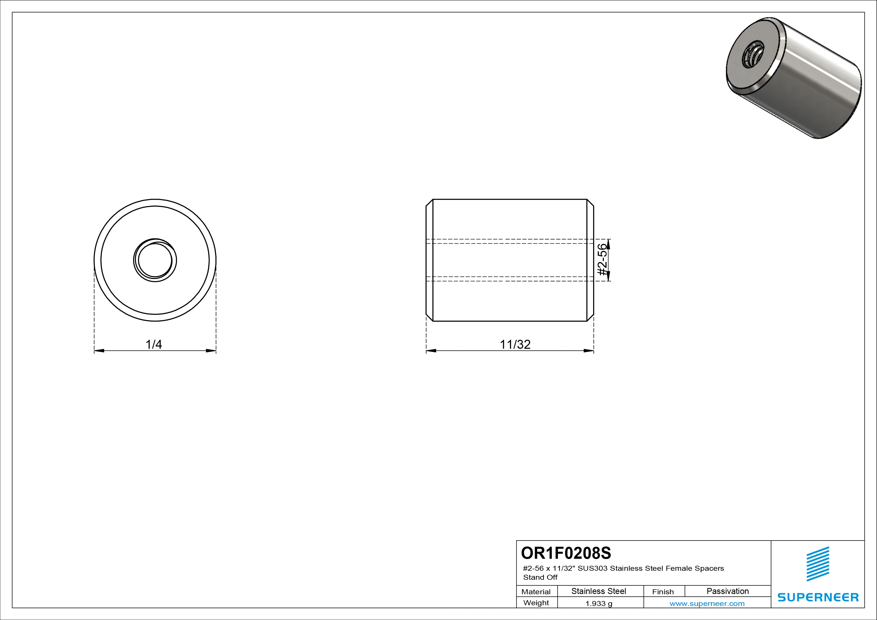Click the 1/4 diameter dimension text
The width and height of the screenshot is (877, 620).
click(154, 344)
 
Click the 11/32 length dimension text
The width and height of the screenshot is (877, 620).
click(515, 344)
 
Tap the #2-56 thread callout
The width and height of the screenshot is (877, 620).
click(602, 260)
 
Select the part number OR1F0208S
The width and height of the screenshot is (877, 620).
click(566, 553)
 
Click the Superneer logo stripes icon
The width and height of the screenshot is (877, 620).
click(818, 564)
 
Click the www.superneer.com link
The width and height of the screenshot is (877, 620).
click(707, 603)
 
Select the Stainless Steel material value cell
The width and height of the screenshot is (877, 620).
click(598, 591)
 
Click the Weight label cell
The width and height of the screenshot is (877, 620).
click(536, 603)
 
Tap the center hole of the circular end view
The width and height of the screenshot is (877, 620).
click(155, 260)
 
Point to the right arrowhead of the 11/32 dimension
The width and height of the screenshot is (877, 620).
click(589, 350)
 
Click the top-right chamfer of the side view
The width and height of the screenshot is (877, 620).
click(590, 203)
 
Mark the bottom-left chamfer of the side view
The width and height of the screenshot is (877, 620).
click(429, 318)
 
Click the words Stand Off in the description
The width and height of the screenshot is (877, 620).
click(540, 577)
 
